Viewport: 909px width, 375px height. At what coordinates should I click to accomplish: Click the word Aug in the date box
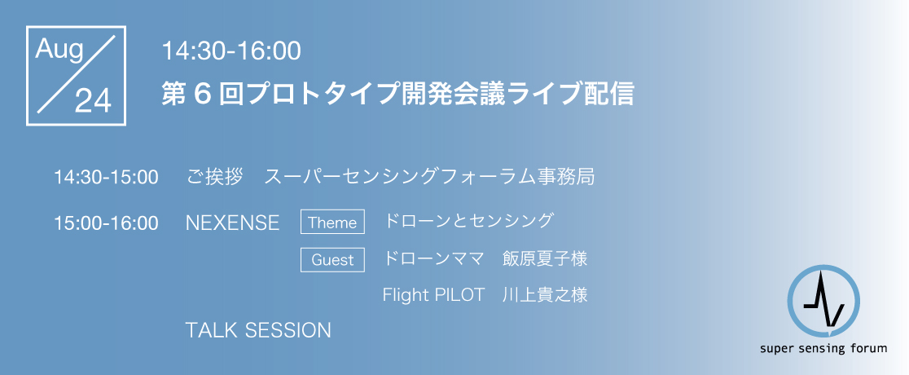click(x=59, y=51)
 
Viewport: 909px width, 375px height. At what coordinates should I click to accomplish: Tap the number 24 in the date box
click(x=93, y=102)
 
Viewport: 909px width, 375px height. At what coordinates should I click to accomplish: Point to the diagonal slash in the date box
click(x=76, y=73)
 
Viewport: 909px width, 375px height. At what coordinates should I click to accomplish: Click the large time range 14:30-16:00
click(x=231, y=51)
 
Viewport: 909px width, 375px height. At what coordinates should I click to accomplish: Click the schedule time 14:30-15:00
click(x=106, y=177)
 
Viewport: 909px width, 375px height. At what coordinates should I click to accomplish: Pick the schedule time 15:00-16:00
click(x=106, y=223)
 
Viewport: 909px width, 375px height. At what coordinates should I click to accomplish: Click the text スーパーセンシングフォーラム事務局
click(x=429, y=176)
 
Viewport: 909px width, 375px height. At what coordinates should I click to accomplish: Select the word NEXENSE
click(x=232, y=223)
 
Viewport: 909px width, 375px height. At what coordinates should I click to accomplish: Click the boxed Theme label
click(x=332, y=222)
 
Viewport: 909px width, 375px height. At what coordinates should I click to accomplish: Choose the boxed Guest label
click(x=332, y=259)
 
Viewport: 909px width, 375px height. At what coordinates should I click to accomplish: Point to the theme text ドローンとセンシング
click(x=468, y=221)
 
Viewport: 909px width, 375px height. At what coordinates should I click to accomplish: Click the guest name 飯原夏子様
click(x=546, y=259)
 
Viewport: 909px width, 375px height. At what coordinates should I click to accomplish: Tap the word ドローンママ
click(x=433, y=259)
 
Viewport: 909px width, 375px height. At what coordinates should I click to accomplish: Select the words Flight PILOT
click(x=433, y=295)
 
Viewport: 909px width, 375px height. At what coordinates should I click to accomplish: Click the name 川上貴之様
click(x=546, y=295)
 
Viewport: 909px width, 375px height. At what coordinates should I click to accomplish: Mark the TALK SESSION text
click(x=258, y=330)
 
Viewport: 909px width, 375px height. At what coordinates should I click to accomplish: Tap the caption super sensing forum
click(x=823, y=349)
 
